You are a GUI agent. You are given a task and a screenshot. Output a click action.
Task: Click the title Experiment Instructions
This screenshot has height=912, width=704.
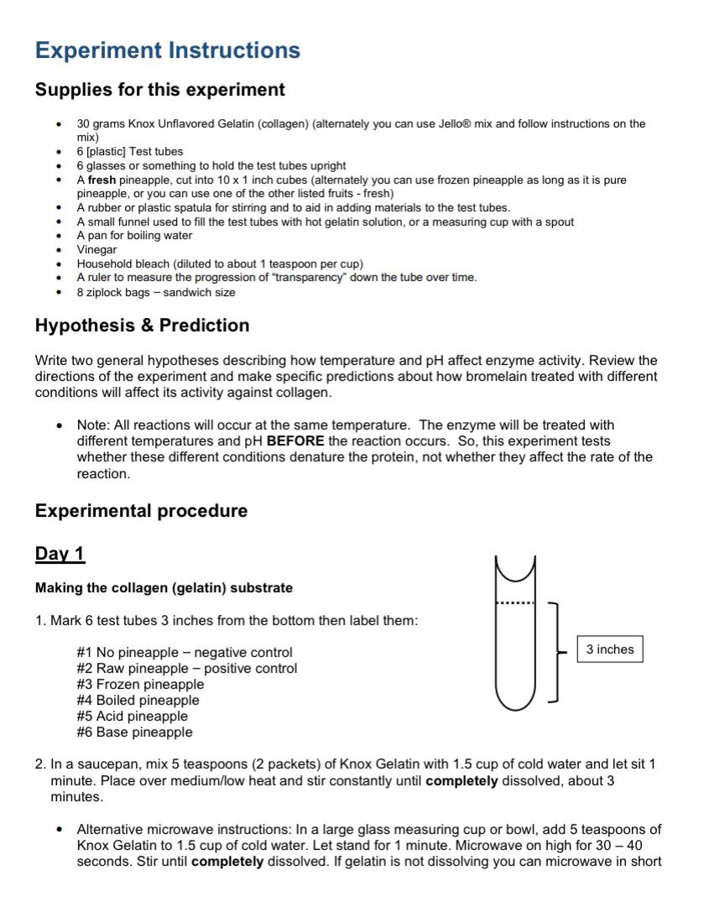tap(167, 50)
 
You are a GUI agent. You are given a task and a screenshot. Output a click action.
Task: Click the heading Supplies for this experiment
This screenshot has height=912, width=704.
tap(159, 90)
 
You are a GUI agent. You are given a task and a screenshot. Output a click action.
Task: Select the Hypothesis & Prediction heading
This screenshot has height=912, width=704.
tap(142, 326)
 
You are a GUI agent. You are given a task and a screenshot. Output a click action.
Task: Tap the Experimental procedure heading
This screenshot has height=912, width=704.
tap(141, 511)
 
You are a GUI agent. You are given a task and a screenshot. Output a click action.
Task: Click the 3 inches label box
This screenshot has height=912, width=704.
tap(610, 649)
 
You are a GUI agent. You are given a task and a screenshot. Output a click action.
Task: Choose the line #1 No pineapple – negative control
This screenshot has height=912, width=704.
tap(185, 653)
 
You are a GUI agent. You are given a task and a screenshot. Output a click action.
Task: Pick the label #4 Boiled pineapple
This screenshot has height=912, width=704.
tap(138, 701)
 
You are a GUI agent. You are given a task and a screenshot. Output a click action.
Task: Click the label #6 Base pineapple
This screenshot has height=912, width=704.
tap(134, 732)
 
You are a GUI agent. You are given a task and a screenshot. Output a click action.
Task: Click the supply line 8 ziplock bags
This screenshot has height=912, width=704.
tap(155, 292)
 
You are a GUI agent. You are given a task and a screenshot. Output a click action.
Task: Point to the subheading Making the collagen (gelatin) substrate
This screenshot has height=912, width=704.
tap(164, 588)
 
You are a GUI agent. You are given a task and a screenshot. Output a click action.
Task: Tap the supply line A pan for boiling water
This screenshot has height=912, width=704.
tap(134, 236)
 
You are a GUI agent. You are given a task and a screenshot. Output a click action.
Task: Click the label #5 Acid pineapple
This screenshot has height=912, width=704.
tap(132, 717)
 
